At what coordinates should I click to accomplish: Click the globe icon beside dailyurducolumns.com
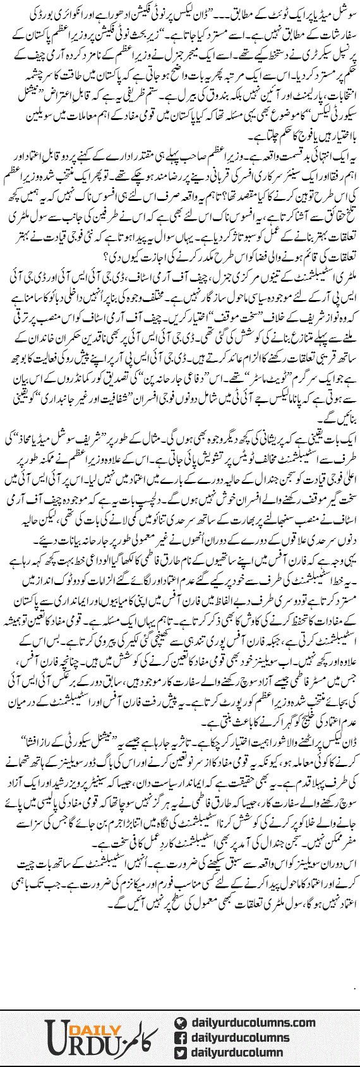point(180,1022)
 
